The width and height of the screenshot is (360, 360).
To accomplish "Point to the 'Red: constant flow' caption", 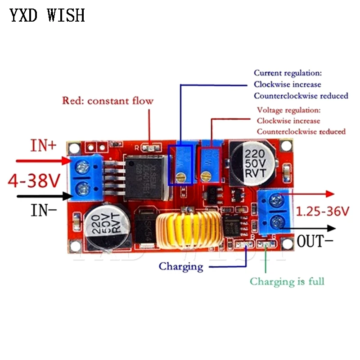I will point(108,100).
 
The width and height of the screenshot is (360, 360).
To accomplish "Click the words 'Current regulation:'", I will point(288,73).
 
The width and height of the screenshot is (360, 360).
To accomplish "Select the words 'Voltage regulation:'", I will point(288,110).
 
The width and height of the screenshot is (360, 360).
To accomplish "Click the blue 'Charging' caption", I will point(181,266).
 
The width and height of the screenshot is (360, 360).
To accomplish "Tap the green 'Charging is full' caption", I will point(287,282).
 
